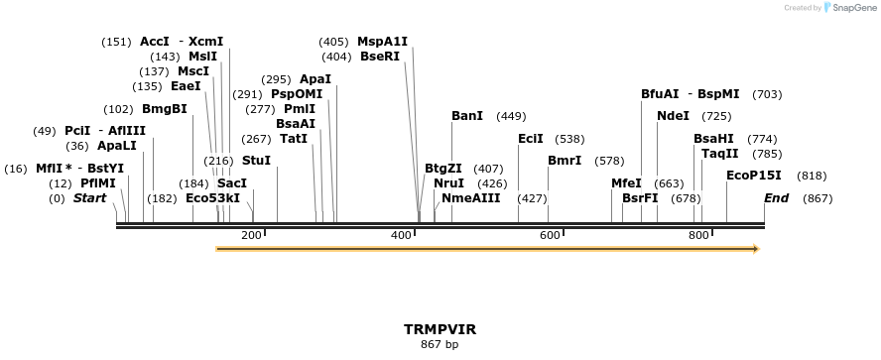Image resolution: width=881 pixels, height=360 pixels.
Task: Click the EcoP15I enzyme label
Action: click(x=753, y=176)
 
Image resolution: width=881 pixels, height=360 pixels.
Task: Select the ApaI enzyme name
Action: click(x=315, y=79)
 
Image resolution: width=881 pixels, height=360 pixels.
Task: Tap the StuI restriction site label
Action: click(x=256, y=161)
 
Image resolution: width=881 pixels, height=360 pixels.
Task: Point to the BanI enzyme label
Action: click(x=467, y=116)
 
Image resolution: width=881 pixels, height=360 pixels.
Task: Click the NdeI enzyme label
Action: click(x=673, y=116)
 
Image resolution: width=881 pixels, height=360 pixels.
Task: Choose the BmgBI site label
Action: click(x=165, y=109)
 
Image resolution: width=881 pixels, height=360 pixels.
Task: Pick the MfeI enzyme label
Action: click(x=626, y=183)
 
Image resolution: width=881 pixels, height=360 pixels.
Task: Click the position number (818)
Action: click(x=812, y=176)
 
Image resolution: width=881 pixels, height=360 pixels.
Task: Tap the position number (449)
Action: click(x=511, y=116)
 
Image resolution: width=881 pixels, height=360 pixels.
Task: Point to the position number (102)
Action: click(x=118, y=109)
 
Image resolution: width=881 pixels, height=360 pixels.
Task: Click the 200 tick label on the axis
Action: click(x=251, y=235)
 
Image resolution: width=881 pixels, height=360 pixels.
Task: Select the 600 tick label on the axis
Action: click(x=550, y=235)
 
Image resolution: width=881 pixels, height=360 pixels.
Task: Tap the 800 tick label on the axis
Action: click(x=698, y=235)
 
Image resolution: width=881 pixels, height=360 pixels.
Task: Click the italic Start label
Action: click(x=89, y=198)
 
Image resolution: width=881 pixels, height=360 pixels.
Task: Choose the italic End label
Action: click(x=776, y=198)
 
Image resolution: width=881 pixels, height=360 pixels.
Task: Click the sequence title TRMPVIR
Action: click(x=440, y=328)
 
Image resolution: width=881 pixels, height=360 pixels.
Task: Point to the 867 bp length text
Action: click(x=440, y=344)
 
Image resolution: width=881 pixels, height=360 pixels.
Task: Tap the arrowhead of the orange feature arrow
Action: click(x=756, y=249)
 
